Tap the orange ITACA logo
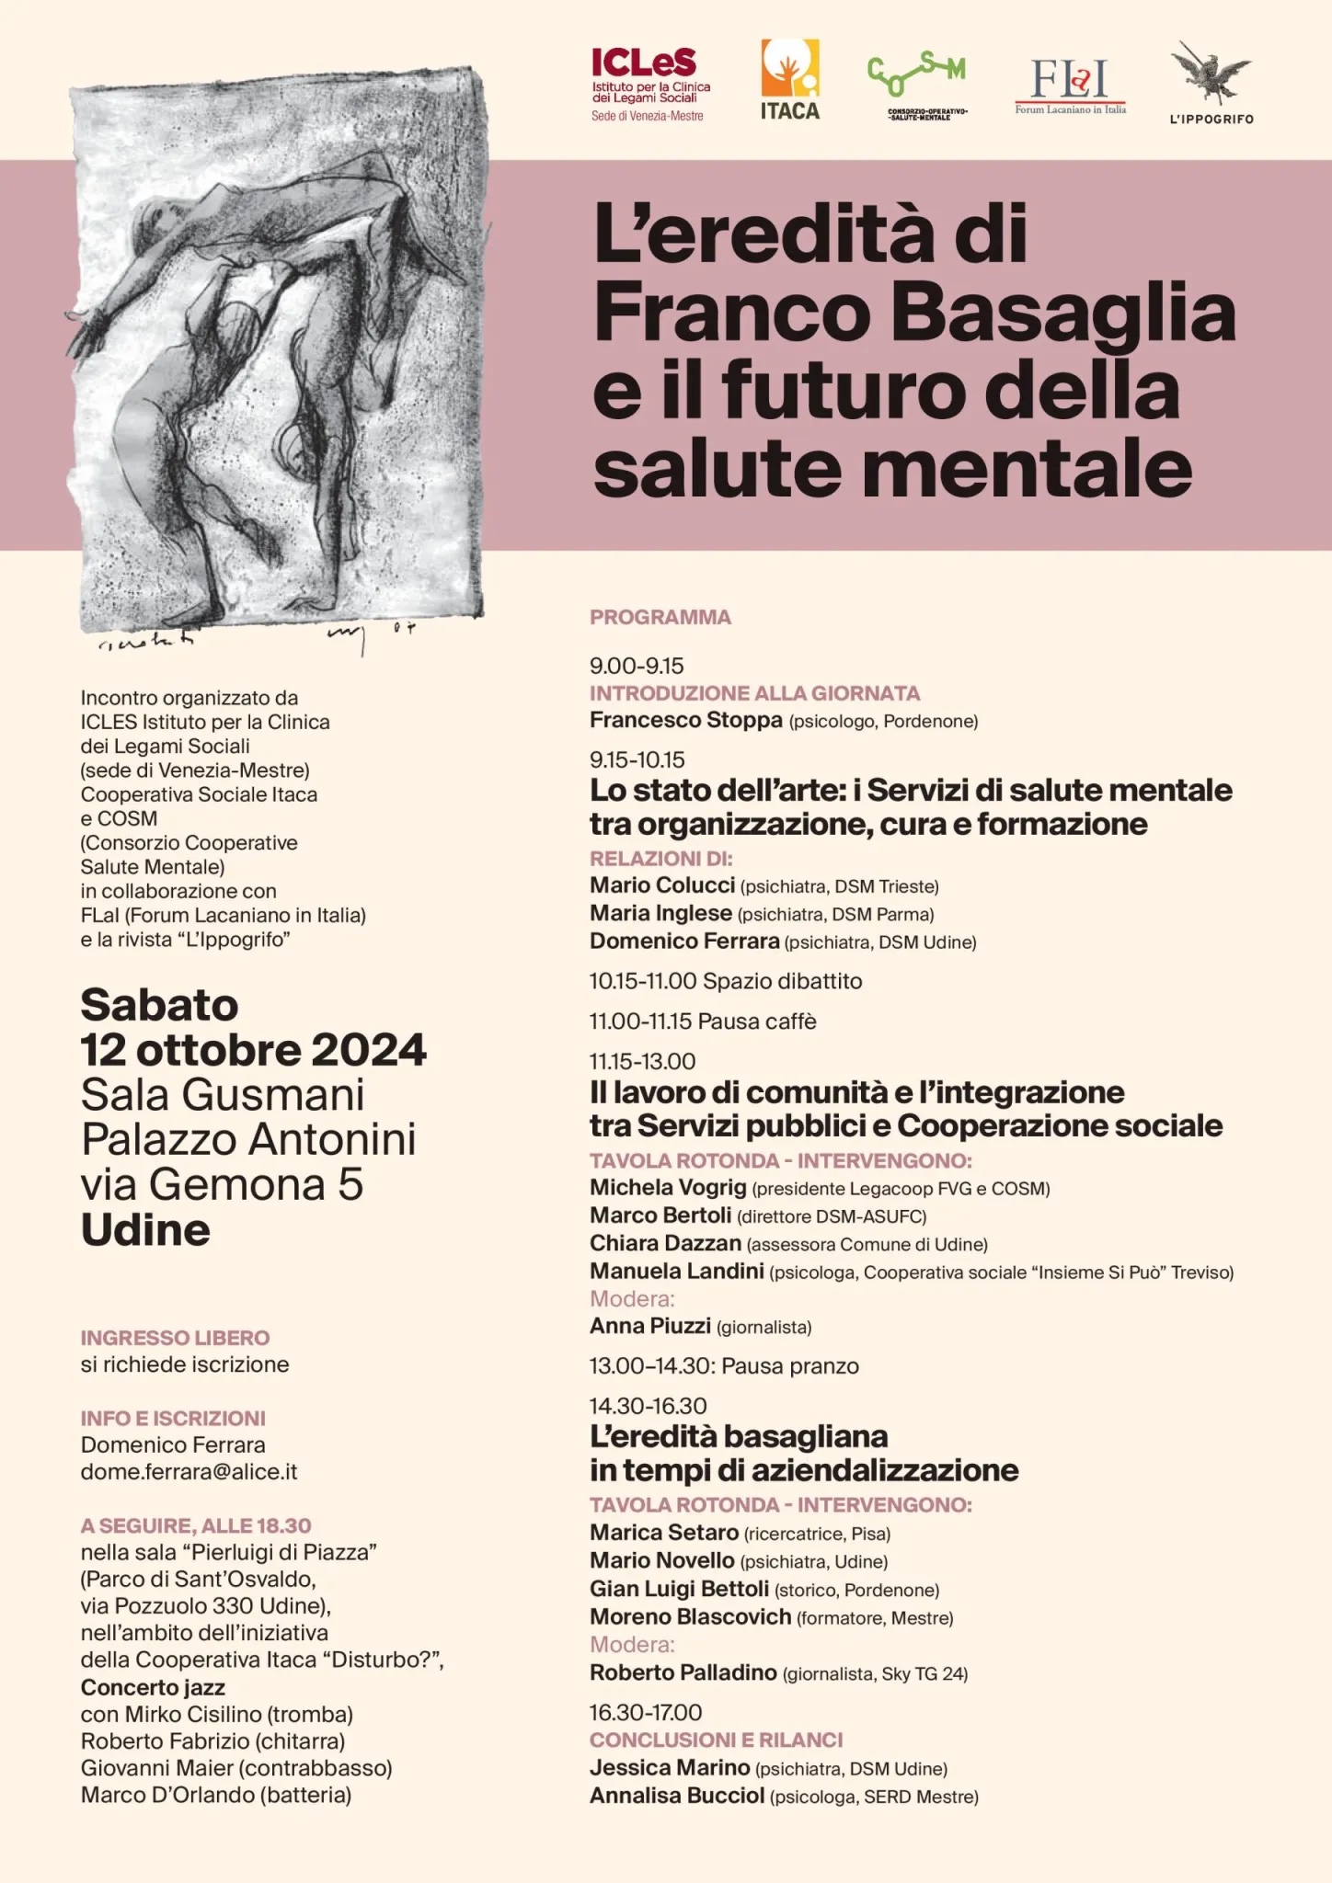point(789,81)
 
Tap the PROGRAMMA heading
point(660,617)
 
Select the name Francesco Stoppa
point(685,720)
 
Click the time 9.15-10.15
point(637,759)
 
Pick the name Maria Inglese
point(660,913)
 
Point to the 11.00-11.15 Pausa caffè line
point(703,1021)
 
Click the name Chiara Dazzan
point(665,1243)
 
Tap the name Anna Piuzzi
point(649,1326)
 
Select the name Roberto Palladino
point(683,1672)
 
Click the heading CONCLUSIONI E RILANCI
point(716,1740)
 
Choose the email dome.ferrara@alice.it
point(189,1471)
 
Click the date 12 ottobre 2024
point(253,1050)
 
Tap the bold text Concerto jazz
point(153,1687)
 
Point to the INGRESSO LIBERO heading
point(175,1338)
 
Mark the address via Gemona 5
point(222,1184)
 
